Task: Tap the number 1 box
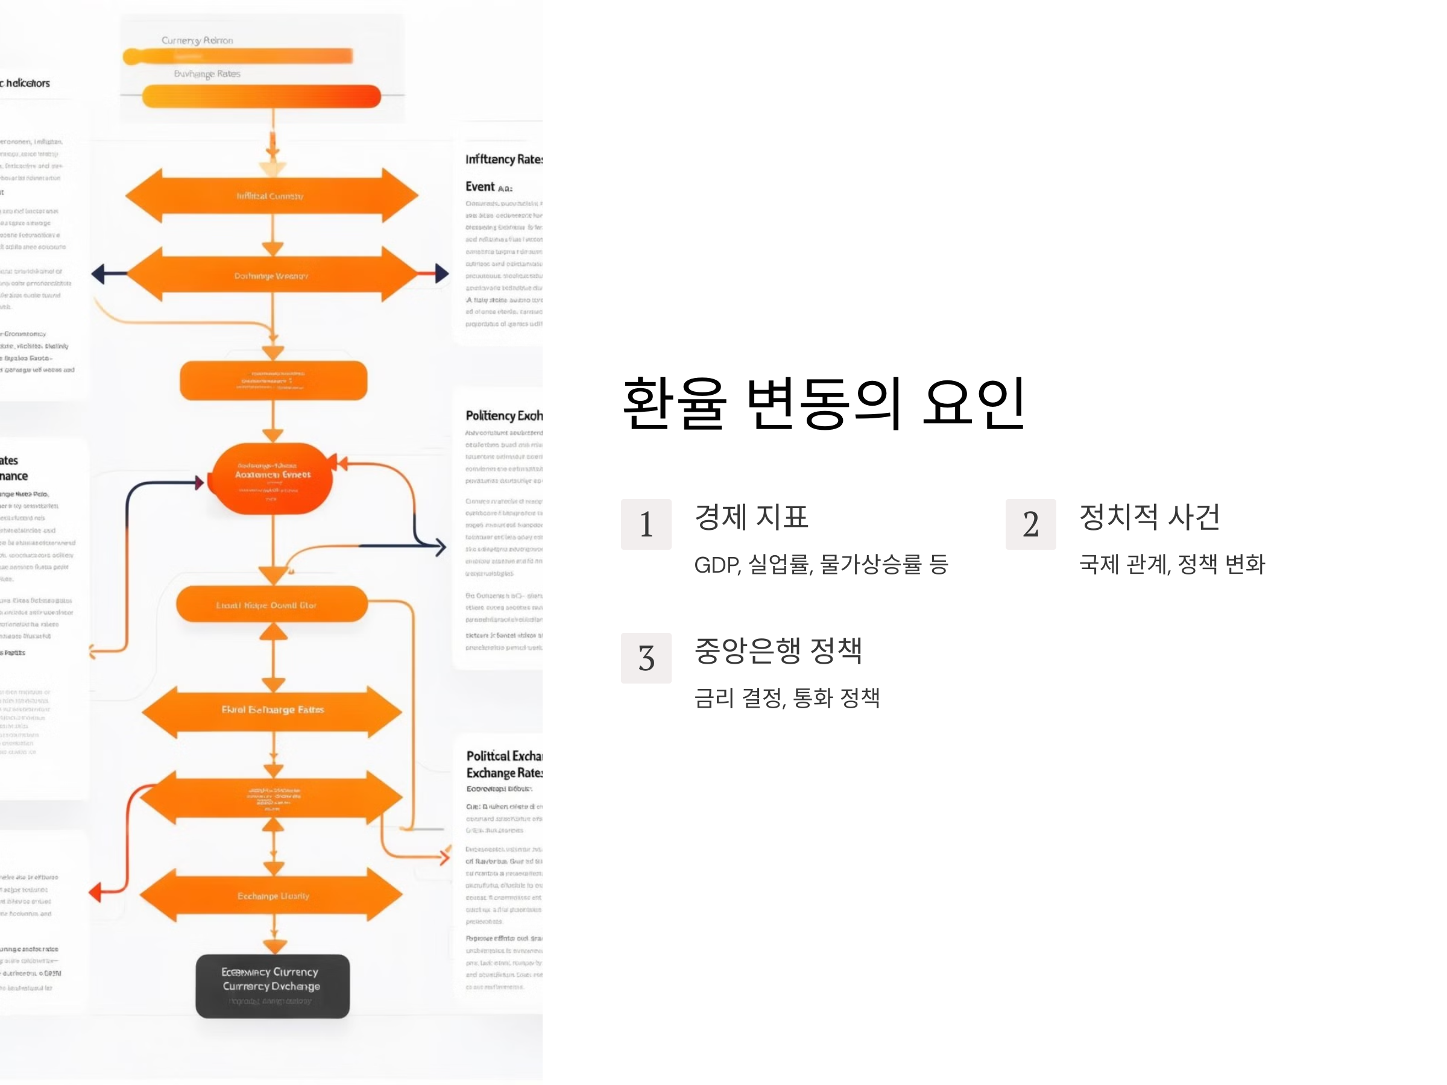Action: pos(646,524)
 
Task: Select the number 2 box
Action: pos(1030,524)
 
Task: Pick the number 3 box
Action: pos(646,658)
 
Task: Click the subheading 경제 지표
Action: pos(751,517)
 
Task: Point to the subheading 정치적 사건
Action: pos(1149,517)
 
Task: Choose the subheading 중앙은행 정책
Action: pos(778,651)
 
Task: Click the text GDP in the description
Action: pos(716,565)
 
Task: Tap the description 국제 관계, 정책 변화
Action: pos(1171,564)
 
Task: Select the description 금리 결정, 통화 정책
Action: pos(786,698)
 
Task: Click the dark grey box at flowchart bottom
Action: pos(272,986)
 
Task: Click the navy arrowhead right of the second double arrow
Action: pos(442,274)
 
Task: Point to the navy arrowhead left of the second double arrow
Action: pos(98,274)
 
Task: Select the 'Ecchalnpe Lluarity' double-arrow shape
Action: pos(272,895)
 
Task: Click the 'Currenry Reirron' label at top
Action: pos(197,40)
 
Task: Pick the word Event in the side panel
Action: pos(480,187)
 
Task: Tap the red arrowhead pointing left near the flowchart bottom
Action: pos(95,892)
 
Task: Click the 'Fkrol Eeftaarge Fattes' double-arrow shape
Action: pos(272,710)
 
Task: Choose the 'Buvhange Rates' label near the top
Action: pos(207,74)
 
